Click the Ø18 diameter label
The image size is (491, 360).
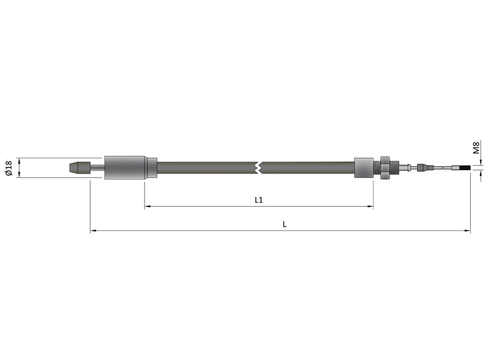point(9,168)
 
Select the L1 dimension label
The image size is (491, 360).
point(259,200)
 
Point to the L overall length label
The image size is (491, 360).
point(284,224)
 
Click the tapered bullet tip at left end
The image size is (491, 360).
point(79,168)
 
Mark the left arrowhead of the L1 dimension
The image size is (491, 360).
point(147,207)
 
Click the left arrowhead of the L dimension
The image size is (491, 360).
point(93,230)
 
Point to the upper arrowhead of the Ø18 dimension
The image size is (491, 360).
point(20,160)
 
